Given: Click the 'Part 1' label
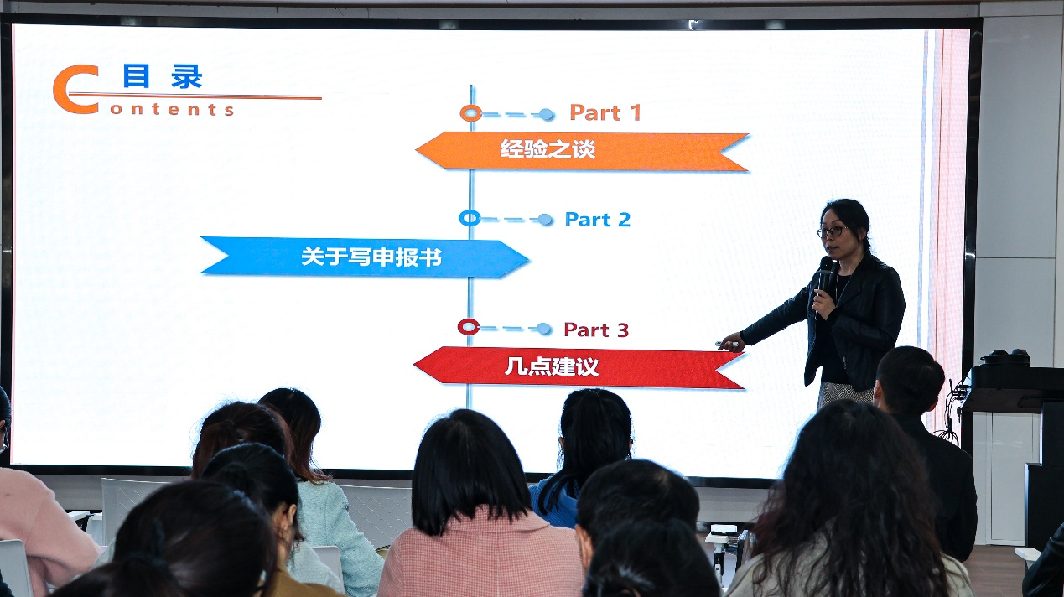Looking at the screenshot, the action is tap(605, 112).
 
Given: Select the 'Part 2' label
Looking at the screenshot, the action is tap(598, 220).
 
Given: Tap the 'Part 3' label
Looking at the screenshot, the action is tap(596, 330).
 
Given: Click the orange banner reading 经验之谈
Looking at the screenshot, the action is tap(583, 151).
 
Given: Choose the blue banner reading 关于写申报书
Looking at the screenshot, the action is tap(365, 257).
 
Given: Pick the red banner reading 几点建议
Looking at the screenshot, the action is tap(579, 367).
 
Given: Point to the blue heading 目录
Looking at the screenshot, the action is tap(163, 77).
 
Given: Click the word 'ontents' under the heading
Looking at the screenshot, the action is tap(172, 110).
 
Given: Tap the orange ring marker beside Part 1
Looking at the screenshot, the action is tap(470, 113).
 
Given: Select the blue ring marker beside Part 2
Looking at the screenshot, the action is tap(470, 218).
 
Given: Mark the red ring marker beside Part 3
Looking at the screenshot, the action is tap(469, 327).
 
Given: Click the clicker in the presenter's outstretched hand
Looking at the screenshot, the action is tap(724, 345).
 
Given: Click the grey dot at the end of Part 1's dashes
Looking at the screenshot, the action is tap(546, 115).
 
